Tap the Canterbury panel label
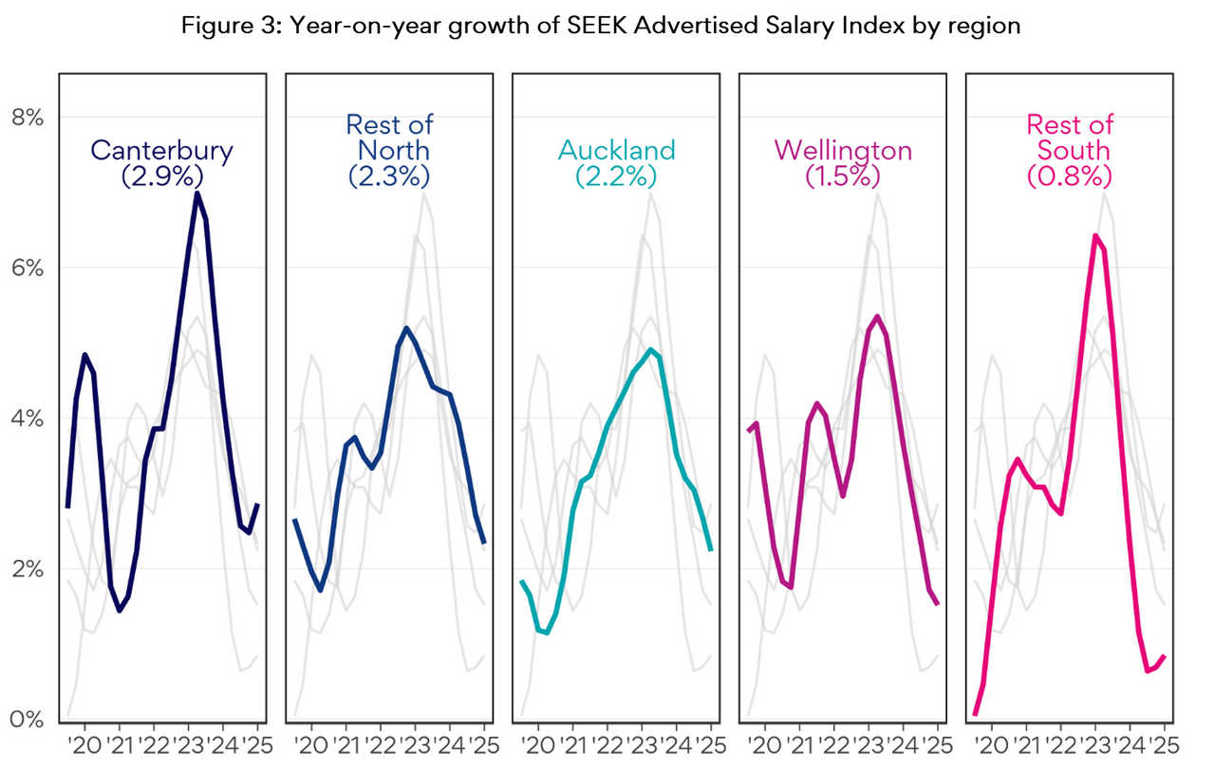pyautogui.click(x=161, y=150)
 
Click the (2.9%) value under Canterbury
pyautogui.click(x=161, y=176)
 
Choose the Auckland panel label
pyautogui.click(x=617, y=150)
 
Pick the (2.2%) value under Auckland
pyautogui.click(x=617, y=176)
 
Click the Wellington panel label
pyautogui.click(x=843, y=150)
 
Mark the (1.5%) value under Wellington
pyautogui.click(x=843, y=176)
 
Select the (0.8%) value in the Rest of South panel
pyautogui.click(x=1070, y=176)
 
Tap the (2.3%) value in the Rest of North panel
pyautogui.click(x=388, y=176)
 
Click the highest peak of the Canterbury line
pyautogui.click(x=196, y=194)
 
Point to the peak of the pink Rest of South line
pyautogui.click(x=1095, y=235)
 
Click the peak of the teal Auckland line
pyautogui.click(x=651, y=349)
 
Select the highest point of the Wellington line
pyautogui.click(x=877, y=316)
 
